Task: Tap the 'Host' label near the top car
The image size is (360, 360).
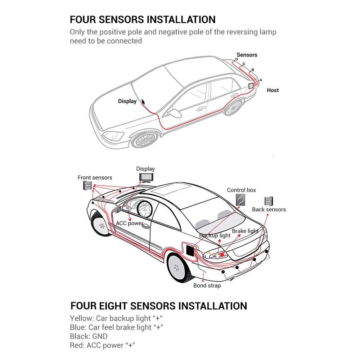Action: [x=273, y=90]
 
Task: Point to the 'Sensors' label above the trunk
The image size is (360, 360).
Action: [x=247, y=55]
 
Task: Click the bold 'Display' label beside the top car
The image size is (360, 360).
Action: [x=127, y=101]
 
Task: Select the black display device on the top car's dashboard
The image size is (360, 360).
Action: [x=143, y=102]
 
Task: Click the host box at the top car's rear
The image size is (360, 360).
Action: [x=251, y=86]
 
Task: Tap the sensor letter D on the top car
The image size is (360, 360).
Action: [x=237, y=59]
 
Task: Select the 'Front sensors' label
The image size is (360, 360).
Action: [x=95, y=177]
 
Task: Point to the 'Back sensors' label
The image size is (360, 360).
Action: [x=269, y=210]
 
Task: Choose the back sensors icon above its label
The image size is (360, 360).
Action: [x=269, y=201]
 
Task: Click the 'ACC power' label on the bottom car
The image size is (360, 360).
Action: [x=129, y=223]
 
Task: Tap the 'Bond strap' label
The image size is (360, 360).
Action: [x=207, y=285]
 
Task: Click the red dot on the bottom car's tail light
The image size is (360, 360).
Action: [x=222, y=255]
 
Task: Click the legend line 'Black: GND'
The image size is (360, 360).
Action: [x=89, y=336]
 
